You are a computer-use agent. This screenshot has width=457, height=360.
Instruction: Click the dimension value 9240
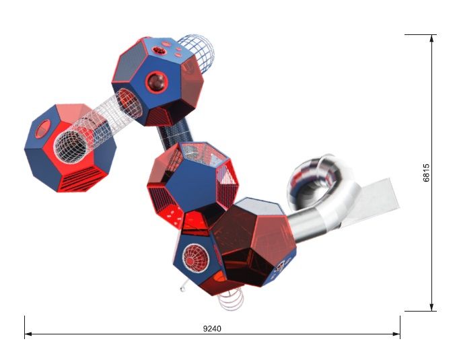pos(212,328)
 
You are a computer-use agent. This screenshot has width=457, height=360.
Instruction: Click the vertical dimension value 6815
pos(426,173)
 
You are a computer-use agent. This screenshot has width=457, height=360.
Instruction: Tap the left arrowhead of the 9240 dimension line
pos(28,334)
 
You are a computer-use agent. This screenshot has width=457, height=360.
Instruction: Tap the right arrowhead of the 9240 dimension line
pos(396,334)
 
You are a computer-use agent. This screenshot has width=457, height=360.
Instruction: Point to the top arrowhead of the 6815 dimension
pos(431,38)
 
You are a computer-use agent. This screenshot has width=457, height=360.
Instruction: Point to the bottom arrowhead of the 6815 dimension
pos(431,308)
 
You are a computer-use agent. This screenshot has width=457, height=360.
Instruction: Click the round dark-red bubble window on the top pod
pos(157,82)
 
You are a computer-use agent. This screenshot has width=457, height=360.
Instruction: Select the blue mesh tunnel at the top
pos(197,53)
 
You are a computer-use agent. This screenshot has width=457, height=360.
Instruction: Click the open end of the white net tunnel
pos(71,147)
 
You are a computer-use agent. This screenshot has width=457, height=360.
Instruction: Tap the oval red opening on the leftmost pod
pos(44,129)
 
